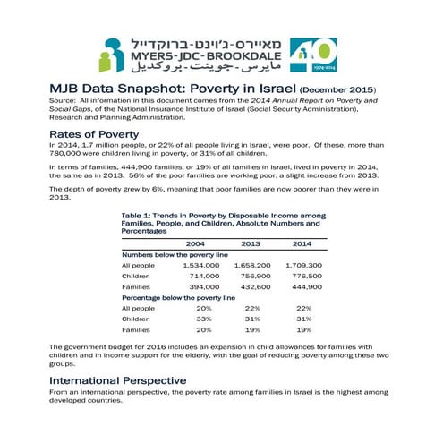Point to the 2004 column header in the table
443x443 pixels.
pos(194,243)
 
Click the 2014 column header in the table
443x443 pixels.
pos(302,243)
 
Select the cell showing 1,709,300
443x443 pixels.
pos(303,266)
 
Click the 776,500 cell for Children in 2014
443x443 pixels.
pos(306,277)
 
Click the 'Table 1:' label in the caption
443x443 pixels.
pos(138,215)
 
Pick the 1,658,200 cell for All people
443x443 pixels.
pos(252,266)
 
